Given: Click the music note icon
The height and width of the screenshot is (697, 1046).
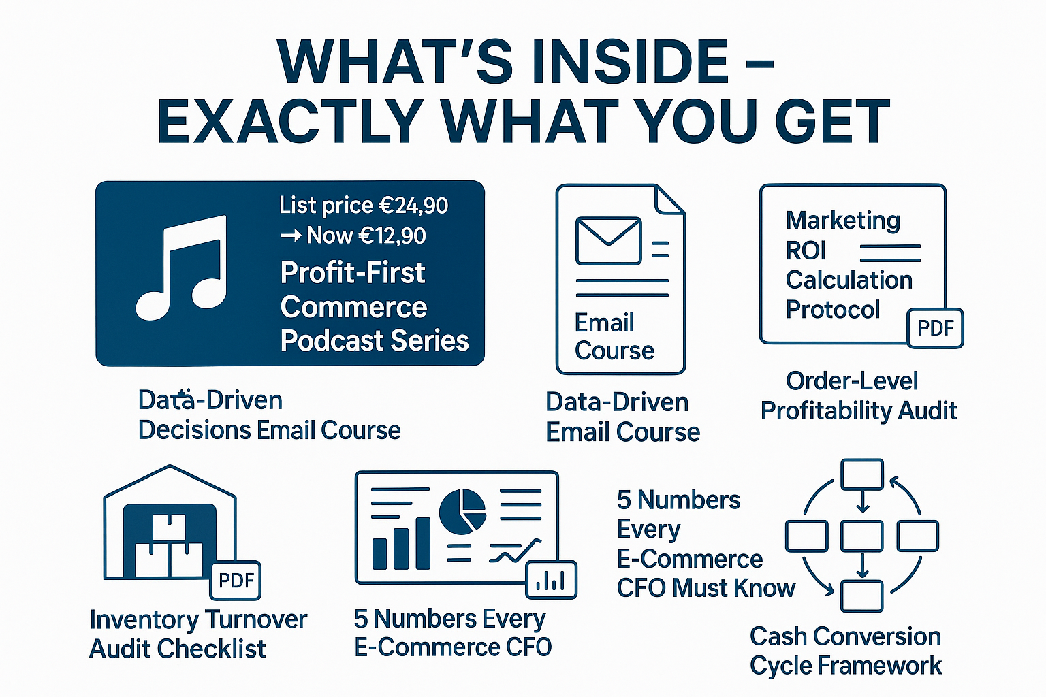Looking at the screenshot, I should pyautogui.click(x=181, y=268).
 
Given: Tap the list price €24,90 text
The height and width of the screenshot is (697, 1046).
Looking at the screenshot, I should pyautogui.click(x=364, y=206).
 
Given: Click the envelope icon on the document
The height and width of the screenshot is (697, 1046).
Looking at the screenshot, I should pyautogui.click(x=608, y=240).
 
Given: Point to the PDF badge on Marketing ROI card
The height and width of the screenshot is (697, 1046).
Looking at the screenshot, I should pyautogui.click(x=936, y=328).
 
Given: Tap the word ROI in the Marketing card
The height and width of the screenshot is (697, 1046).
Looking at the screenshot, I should pyautogui.click(x=806, y=250).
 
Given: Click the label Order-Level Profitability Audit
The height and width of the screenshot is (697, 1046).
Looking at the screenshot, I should pyautogui.click(x=858, y=396).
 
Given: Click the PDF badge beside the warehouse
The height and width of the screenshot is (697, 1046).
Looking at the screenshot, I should pyautogui.click(x=236, y=581).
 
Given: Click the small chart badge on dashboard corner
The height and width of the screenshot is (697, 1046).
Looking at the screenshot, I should pyautogui.click(x=551, y=580).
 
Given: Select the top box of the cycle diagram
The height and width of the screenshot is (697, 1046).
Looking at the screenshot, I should pyautogui.click(x=862, y=474).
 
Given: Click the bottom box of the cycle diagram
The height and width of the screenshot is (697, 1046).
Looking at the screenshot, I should pyautogui.click(x=862, y=596).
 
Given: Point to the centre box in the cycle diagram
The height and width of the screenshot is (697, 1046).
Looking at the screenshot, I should pyautogui.click(x=862, y=536).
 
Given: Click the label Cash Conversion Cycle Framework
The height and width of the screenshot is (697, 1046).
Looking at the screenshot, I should pyautogui.click(x=845, y=651).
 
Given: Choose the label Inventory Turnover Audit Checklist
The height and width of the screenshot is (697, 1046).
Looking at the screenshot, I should pyautogui.click(x=197, y=634).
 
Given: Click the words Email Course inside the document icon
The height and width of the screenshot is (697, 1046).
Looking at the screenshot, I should pyautogui.click(x=614, y=337).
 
